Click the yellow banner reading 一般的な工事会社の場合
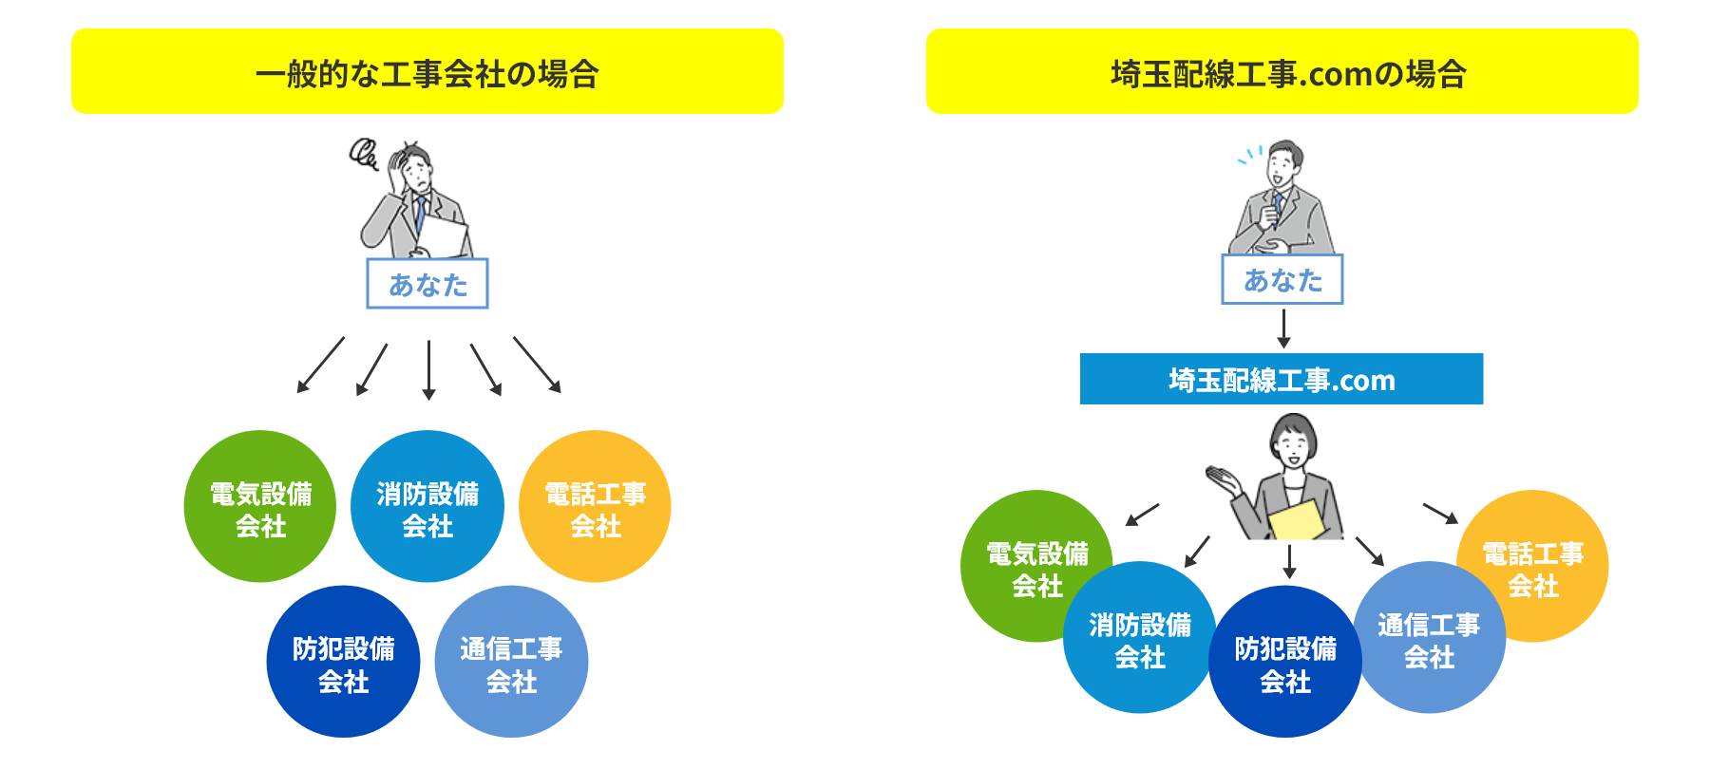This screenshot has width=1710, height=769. (427, 71)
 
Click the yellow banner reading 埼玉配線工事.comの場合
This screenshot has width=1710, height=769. (1282, 71)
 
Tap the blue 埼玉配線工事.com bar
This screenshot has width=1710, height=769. (1282, 379)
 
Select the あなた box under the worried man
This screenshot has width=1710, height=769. (427, 283)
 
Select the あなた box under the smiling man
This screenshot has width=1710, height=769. (1282, 279)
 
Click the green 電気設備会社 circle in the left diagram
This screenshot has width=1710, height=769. (260, 506)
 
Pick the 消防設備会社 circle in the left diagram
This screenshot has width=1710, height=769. (427, 506)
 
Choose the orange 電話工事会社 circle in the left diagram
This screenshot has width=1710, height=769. (595, 506)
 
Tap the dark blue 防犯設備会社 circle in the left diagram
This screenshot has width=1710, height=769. (343, 662)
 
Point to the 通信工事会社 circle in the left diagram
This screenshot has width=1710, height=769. (511, 662)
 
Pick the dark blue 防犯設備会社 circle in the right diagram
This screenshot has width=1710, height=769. (1285, 662)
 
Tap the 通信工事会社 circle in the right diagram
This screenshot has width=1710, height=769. (1430, 637)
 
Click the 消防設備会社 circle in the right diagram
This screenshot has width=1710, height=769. (1139, 637)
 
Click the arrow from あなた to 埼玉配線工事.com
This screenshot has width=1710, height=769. (1283, 328)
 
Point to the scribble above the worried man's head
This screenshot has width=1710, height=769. (364, 154)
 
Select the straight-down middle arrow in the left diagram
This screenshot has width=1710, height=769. (428, 370)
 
